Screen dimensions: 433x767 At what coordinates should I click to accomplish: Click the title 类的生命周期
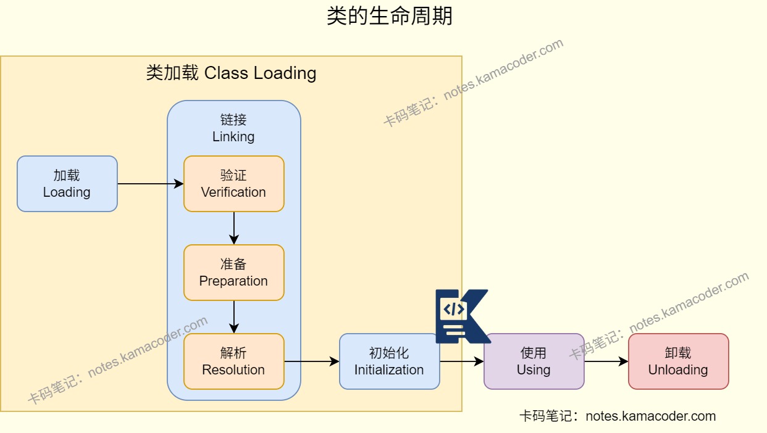389,17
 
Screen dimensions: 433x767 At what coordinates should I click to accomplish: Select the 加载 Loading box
67,184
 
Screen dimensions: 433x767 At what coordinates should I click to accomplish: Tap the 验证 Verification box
233,184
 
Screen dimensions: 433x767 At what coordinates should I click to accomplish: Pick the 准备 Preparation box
233,273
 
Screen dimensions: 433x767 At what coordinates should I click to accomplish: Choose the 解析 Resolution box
233,361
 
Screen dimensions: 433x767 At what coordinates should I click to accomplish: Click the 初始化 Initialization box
389,361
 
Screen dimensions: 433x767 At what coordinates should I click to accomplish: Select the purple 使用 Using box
534,361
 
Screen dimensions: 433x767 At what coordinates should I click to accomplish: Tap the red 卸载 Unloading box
678,361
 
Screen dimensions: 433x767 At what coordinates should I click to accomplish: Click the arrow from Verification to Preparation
233,228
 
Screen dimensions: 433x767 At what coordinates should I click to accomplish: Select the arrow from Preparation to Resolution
233,317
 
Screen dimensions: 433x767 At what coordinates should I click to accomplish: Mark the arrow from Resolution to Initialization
311,361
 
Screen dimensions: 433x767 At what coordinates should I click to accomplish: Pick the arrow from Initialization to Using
461,361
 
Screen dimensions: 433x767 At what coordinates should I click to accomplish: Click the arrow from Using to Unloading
606,361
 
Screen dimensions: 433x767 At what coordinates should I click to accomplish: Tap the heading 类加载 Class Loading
231,73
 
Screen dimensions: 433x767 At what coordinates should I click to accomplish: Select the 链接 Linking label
233,128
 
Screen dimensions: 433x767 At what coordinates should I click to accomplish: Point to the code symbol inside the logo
453,309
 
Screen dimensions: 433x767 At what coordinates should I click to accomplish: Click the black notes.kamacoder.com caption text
618,416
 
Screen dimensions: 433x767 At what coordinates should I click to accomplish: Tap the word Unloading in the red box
678,370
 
